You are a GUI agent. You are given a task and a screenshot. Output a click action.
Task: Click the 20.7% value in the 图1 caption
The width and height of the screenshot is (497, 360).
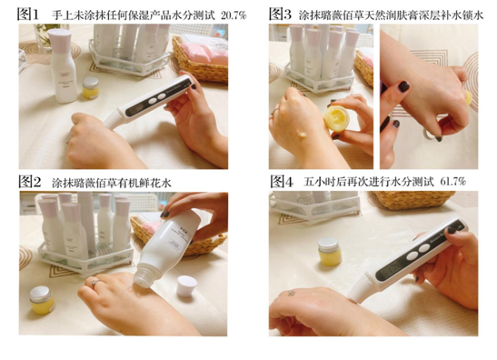(234, 15)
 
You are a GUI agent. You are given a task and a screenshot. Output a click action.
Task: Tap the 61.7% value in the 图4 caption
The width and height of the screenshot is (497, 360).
(453, 182)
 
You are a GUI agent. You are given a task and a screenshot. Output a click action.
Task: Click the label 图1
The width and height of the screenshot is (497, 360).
(28, 15)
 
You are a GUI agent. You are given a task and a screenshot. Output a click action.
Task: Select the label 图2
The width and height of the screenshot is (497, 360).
(29, 182)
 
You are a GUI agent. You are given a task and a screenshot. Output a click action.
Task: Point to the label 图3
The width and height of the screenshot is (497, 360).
(280, 15)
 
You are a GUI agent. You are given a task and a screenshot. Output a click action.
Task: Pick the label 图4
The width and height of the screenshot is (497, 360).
(282, 182)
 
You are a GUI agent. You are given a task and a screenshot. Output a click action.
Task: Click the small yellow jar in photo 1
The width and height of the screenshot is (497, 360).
(91, 87)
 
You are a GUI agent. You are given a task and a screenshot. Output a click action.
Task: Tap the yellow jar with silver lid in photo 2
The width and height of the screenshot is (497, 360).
(42, 300)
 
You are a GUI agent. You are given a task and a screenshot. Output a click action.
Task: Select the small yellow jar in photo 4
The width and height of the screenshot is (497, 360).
(330, 251)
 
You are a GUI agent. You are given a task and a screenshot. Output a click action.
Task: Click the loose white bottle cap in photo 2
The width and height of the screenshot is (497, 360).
(186, 285)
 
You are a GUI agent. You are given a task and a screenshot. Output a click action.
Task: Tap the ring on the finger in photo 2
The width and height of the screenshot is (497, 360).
(95, 283)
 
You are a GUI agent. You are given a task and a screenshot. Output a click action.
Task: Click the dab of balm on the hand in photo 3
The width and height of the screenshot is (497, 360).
(301, 134)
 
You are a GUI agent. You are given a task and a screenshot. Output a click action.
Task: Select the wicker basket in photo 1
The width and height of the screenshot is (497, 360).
(201, 60)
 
